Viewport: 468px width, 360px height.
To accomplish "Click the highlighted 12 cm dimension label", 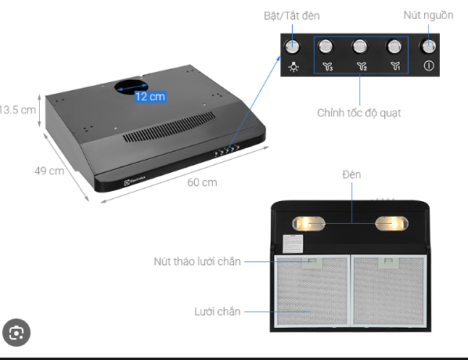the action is tap(150, 96).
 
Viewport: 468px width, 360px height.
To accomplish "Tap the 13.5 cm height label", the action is tap(17, 110).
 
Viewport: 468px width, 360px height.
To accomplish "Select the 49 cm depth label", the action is tap(49, 171).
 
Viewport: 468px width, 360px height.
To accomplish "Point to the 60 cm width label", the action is tap(202, 182).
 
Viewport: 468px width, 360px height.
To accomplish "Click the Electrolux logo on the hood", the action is tap(135, 180).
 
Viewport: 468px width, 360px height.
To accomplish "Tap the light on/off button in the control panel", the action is tap(292, 47).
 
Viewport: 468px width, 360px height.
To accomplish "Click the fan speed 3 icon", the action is tap(328, 67).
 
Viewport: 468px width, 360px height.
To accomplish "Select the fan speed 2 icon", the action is tap(362, 67).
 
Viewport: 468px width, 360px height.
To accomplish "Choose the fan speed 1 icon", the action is tap(395, 66).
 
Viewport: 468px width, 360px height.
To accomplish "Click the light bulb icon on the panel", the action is tap(293, 67).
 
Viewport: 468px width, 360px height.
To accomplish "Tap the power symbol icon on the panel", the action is tap(429, 66).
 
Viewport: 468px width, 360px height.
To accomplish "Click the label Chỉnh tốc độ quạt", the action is tap(359, 113).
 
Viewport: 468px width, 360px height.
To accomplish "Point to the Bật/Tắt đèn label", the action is tap(292, 16).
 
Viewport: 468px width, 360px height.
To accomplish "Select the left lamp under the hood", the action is tap(308, 224).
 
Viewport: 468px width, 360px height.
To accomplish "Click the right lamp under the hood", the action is tap(391, 224).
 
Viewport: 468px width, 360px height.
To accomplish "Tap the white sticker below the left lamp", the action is tap(293, 244).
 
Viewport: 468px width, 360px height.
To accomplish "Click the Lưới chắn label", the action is tap(218, 311).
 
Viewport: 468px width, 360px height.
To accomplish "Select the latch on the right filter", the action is tap(388, 262).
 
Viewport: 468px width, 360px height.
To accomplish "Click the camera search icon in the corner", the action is tap(16, 333).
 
